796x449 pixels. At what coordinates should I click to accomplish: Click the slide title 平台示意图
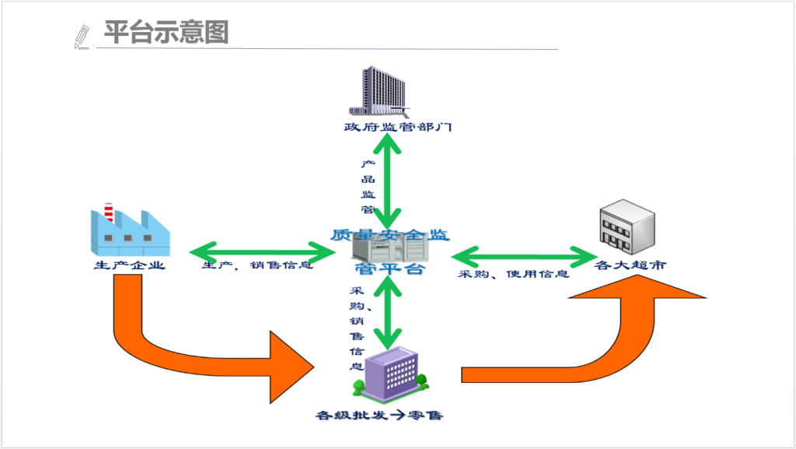[x=166, y=33]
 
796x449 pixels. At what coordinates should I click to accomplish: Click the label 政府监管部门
[x=398, y=127]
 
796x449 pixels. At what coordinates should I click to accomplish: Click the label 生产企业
[x=129, y=265]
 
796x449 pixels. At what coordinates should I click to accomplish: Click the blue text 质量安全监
[x=389, y=233]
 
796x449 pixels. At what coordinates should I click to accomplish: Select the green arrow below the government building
[x=386, y=179]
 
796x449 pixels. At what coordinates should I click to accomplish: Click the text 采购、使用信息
[x=513, y=274]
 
